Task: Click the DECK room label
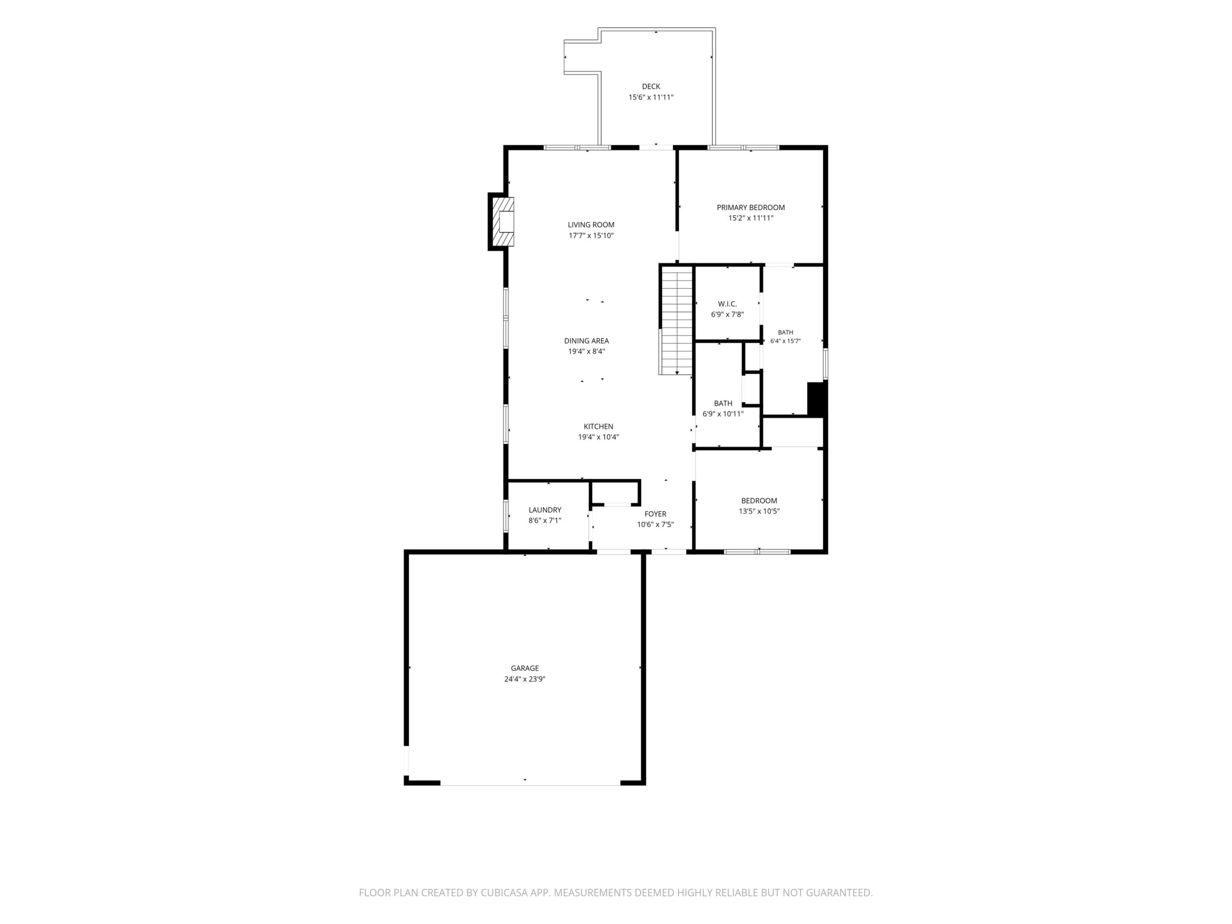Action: tap(651, 86)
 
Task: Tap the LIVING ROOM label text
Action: tap(591, 225)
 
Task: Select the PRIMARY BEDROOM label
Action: tap(751, 207)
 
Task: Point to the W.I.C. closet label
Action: tap(728, 304)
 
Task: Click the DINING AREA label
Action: tap(586, 341)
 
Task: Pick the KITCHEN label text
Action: tap(599, 426)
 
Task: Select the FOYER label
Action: tap(655, 514)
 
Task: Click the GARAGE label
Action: tap(525, 668)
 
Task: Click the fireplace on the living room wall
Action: tap(501, 222)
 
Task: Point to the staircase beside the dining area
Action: tap(676, 320)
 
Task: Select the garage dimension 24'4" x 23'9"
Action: tap(525, 679)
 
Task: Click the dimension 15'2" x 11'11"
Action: tap(751, 218)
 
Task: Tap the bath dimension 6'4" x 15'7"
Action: tap(785, 341)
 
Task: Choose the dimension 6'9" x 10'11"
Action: tap(723, 414)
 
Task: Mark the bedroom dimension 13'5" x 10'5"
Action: tap(759, 511)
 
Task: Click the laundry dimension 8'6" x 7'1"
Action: tap(545, 521)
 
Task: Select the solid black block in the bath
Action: tap(816, 399)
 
